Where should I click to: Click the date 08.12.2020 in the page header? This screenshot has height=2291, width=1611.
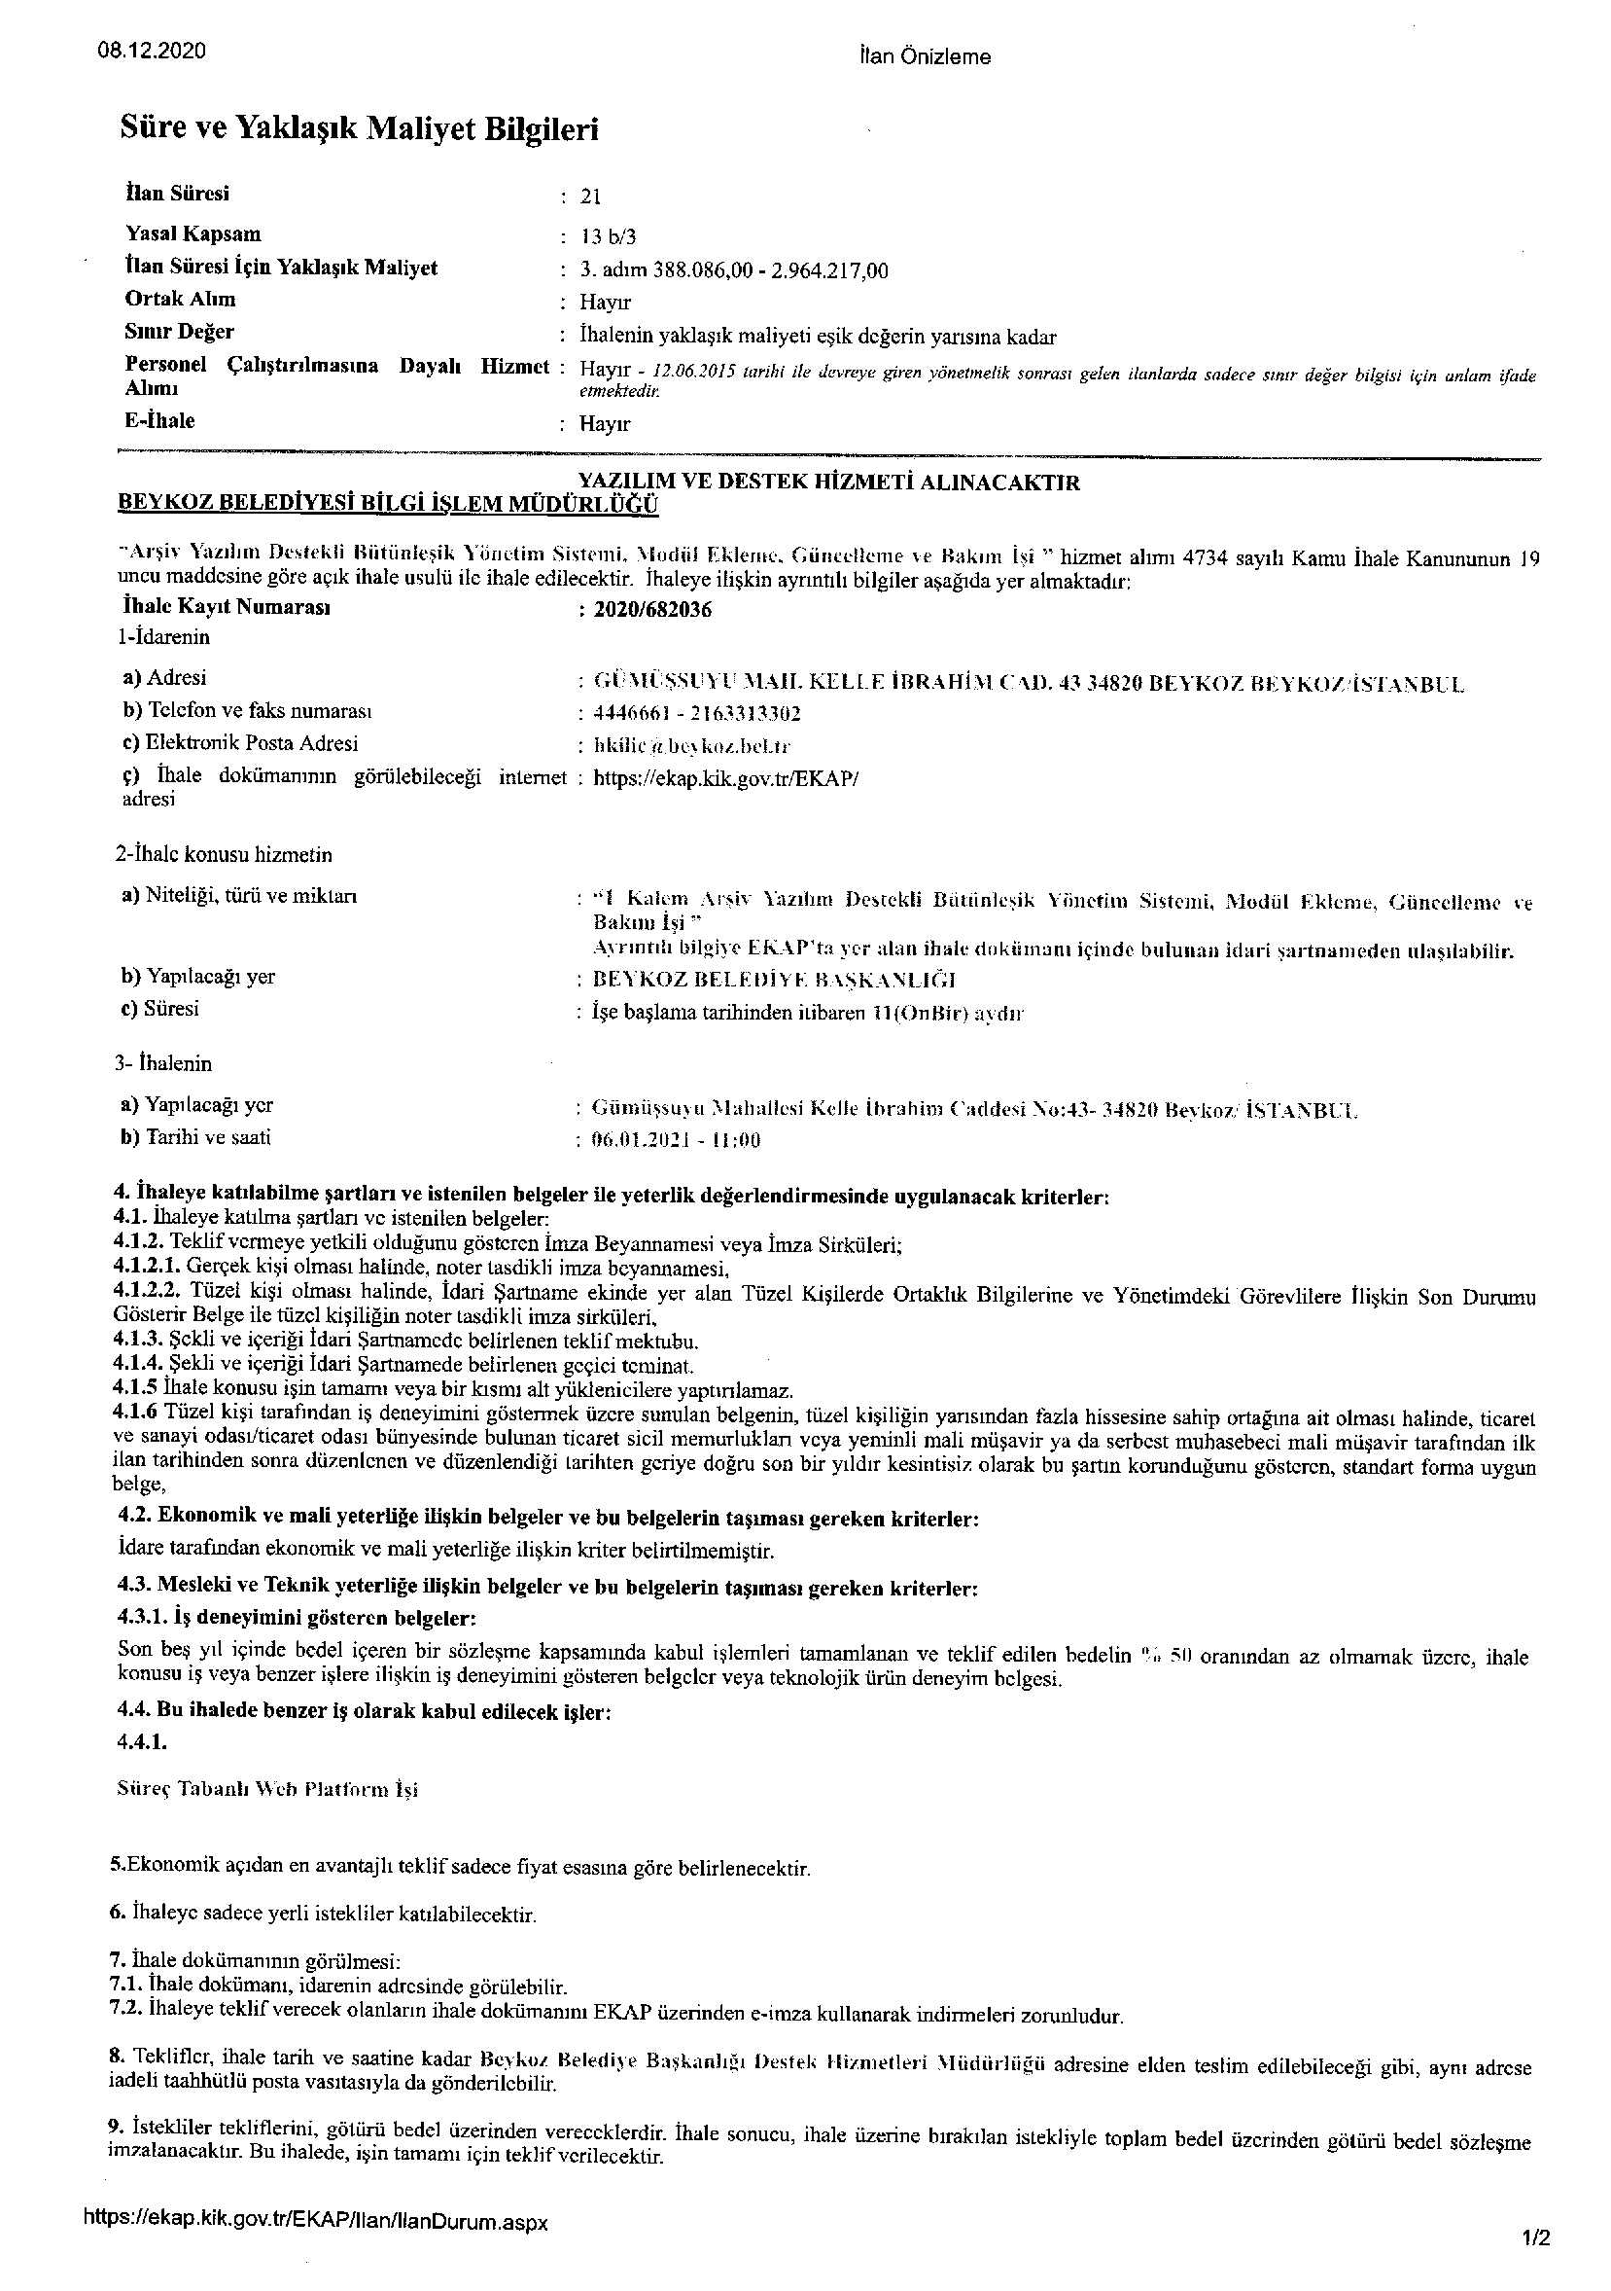[x=153, y=51]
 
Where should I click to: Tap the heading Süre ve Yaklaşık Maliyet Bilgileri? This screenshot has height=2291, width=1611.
[x=359, y=127]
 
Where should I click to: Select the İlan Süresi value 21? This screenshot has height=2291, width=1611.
[x=590, y=197]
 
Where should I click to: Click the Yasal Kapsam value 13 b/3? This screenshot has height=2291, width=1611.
[x=609, y=236]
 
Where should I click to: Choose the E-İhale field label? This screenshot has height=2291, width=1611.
[x=159, y=420]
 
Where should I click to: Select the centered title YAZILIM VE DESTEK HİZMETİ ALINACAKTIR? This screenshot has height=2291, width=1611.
[x=829, y=483]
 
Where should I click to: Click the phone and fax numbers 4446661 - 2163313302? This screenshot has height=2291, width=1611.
[x=697, y=713]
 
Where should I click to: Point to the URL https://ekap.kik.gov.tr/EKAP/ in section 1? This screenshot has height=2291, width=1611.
[x=725, y=778]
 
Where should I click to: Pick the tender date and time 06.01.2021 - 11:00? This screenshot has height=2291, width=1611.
[x=677, y=1140]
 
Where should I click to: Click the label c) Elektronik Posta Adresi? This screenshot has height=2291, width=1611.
[x=239, y=743]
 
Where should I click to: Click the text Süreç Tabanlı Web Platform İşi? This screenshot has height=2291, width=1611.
[x=267, y=1789]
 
